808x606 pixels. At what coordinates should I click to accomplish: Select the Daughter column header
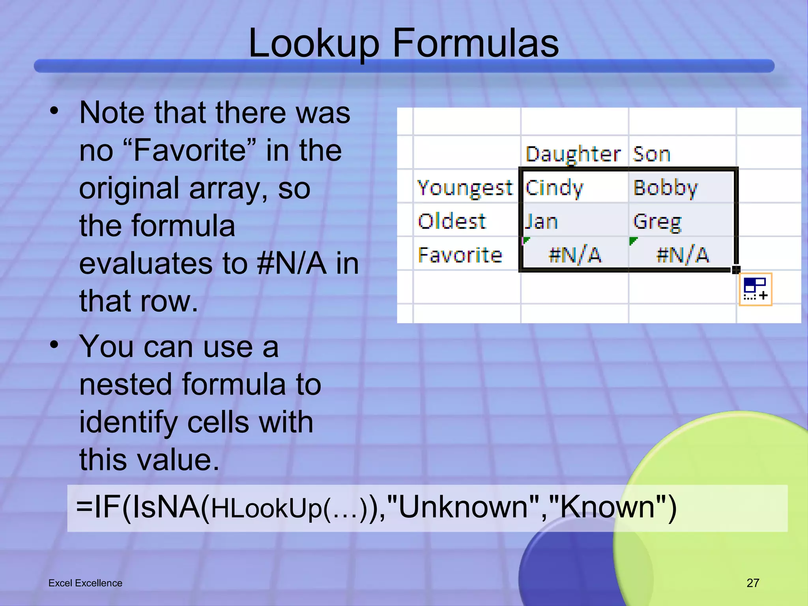(x=573, y=154)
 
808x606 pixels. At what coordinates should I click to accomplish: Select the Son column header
(x=651, y=154)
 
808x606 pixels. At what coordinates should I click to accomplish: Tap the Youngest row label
(x=465, y=188)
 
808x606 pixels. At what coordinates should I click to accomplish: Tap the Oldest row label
(x=452, y=221)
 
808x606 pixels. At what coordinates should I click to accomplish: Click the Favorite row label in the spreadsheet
(x=460, y=255)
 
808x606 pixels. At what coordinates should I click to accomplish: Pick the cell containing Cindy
(x=554, y=188)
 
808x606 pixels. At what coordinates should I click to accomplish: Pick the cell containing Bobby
(x=666, y=188)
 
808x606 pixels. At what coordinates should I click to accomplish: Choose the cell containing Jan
(x=541, y=222)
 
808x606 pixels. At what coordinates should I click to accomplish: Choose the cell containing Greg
(x=657, y=222)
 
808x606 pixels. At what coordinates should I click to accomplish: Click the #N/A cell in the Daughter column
(x=575, y=255)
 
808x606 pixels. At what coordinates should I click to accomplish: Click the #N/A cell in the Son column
(x=683, y=255)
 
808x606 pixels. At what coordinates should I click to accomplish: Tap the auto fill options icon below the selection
(x=755, y=289)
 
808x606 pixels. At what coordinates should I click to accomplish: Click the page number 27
(x=753, y=583)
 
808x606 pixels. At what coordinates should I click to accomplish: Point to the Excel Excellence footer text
(x=85, y=583)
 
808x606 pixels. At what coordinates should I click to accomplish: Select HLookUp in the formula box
(x=267, y=509)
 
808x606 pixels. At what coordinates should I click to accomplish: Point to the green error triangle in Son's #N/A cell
(x=633, y=240)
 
